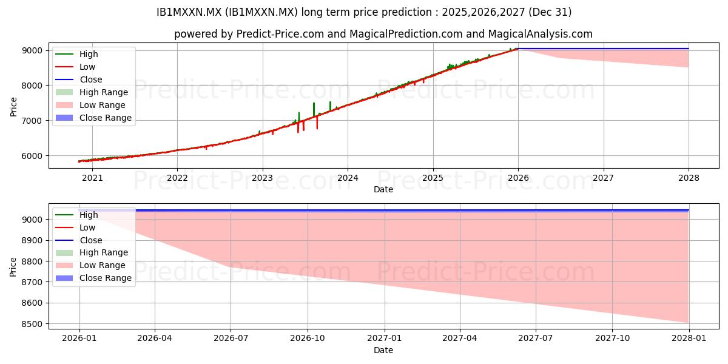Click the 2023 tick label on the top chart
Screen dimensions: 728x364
coord(262,178)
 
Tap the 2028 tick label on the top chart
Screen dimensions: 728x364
coord(689,178)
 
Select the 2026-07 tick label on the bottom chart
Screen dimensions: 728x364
coord(231,339)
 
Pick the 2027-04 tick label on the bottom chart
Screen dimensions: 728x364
coord(460,339)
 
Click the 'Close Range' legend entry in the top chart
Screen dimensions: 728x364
coord(93,118)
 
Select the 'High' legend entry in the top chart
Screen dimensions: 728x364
coord(76,54)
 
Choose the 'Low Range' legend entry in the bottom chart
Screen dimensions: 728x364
coord(90,266)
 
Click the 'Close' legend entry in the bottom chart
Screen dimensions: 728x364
coord(79,240)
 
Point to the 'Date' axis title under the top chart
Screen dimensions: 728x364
coord(383,189)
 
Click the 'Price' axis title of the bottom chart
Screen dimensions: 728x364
coord(13,267)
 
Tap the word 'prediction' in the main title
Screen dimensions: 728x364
coord(406,12)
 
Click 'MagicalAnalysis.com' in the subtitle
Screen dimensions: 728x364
coord(541,34)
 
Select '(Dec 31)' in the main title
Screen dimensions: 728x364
coord(550,12)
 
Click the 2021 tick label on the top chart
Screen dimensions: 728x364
coord(92,178)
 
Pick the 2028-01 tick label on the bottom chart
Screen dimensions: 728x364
coord(689,339)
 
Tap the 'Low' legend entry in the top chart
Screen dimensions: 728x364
coord(75,67)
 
